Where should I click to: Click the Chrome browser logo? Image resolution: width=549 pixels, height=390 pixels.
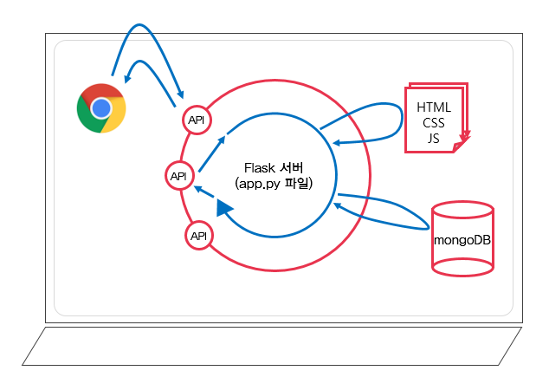[101, 108]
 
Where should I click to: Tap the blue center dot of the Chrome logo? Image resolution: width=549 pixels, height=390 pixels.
[101, 108]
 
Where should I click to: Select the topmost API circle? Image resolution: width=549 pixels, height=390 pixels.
[196, 120]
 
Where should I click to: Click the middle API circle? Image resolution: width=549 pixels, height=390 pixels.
[179, 176]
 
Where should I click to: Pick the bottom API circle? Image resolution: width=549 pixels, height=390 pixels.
[199, 235]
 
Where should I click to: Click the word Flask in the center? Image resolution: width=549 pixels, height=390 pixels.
[261, 166]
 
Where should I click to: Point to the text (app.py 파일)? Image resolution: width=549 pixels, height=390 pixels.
[273, 184]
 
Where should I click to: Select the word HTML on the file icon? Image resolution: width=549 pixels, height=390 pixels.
[434, 107]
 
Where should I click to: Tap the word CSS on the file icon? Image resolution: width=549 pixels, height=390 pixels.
[434, 122]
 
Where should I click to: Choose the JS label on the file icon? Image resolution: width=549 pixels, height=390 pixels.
[434, 137]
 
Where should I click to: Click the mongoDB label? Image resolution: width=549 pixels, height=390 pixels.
[463, 238]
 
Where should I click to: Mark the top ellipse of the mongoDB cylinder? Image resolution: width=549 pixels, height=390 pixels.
[463, 211]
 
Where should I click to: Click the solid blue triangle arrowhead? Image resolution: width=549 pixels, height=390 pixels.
[225, 207]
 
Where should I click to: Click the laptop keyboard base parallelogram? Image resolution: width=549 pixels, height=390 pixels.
[272, 346]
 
